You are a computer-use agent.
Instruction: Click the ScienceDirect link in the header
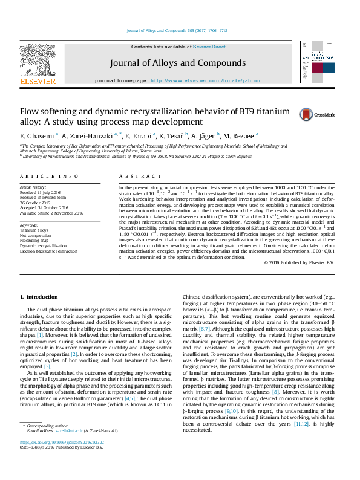pos(209,47)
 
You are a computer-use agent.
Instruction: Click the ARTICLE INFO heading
pos(50,176)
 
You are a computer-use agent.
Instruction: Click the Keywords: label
pos(29,225)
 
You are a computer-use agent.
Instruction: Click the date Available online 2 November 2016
pos(51,213)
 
